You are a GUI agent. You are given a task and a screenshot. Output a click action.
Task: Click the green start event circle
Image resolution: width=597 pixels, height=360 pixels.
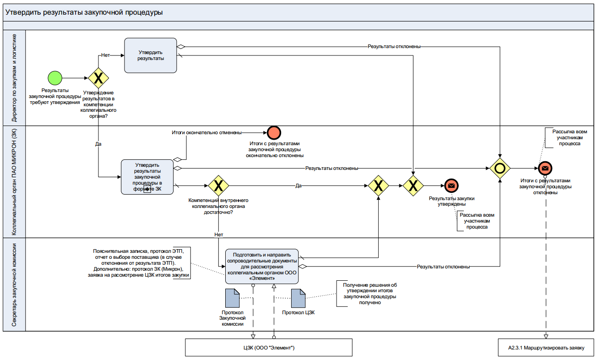(55, 77)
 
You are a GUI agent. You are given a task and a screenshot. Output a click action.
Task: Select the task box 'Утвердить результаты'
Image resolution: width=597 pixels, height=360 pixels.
(151, 55)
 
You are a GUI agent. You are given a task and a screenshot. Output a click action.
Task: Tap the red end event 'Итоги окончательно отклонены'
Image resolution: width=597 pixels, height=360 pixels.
(274, 132)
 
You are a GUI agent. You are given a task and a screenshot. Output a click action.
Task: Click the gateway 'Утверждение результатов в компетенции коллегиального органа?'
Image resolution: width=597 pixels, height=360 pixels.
(98, 77)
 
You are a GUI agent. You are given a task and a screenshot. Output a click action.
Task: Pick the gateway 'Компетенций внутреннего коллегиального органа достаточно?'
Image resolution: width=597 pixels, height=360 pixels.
(218, 185)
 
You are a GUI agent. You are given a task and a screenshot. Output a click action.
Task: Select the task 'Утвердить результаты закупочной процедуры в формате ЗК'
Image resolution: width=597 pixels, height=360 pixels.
(147, 177)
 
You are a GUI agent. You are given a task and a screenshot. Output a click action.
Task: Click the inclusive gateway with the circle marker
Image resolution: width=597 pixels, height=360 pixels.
(499, 168)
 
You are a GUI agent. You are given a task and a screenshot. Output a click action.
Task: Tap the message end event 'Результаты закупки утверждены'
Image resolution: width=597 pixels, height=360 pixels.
(451, 185)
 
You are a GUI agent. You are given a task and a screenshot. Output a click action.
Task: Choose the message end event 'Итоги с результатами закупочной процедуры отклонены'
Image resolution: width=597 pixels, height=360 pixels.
(545, 168)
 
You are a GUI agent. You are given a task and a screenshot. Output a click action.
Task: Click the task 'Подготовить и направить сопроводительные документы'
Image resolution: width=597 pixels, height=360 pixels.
(261, 267)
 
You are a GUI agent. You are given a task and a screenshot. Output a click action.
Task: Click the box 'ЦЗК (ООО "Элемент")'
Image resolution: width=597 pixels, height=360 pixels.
(269, 348)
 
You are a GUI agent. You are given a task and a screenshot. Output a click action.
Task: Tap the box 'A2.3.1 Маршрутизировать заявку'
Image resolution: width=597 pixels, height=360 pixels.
(546, 348)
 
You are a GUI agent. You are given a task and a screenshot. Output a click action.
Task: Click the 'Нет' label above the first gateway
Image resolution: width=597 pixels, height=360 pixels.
(106, 55)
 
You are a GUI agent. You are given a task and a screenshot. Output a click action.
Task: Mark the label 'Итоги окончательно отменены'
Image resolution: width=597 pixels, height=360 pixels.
(206, 133)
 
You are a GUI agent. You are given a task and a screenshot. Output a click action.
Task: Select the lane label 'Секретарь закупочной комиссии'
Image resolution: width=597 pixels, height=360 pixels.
(14, 284)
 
